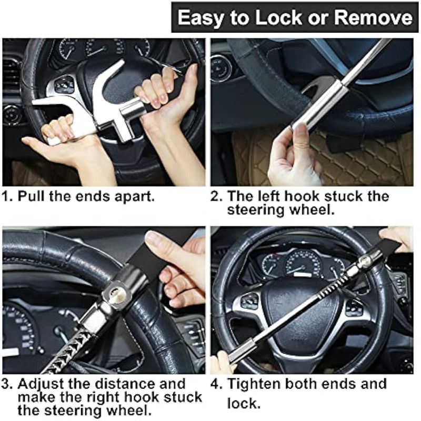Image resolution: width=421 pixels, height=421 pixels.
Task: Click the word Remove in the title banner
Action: [373, 17]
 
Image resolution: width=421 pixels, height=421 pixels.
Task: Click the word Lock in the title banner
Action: [278, 17]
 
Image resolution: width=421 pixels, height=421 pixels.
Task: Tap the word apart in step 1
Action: [135, 197]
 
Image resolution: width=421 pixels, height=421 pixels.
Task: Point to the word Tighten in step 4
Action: [253, 384]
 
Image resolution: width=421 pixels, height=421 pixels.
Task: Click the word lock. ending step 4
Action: [244, 403]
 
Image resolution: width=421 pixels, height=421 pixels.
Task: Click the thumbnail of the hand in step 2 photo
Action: [302, 134]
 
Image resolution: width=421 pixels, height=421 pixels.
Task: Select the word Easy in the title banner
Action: [201, 18]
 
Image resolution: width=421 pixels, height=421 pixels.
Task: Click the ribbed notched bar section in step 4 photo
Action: [334, 286]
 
